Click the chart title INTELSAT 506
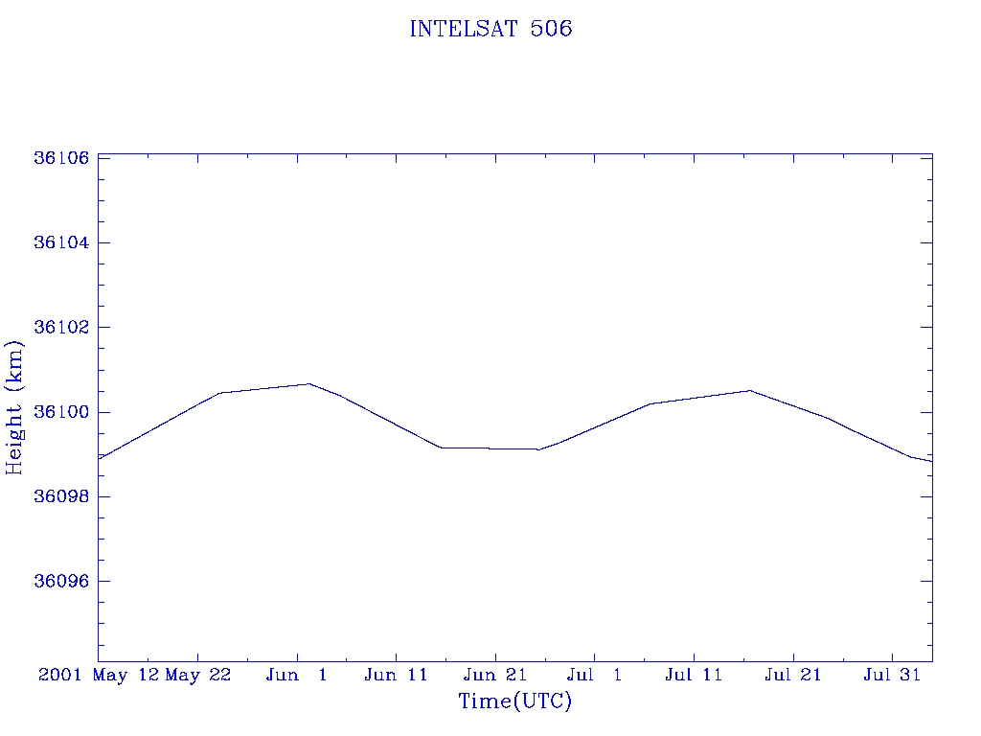(x=490, y=29)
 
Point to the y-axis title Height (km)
(x=14, y=407)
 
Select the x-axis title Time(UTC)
(x=515, y=701)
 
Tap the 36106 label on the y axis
(x=61, y=158)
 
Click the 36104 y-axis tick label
(x=61, y=242)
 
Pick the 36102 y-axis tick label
(x=61, y=328)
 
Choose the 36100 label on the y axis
(x=61, y=412)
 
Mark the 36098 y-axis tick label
(x=61, y=497)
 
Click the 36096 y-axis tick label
(x=61, y=582)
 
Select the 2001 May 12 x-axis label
(x=99, y=675)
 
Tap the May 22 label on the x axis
(x=198, y=675)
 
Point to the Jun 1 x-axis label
(x=297, y=675)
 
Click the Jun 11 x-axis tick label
(x=396, y=675)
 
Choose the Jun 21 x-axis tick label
(x=495, y=675)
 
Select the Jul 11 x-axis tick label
(x=694, y=675)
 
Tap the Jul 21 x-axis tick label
(x=793, y=675)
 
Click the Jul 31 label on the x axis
(x=892, y=675)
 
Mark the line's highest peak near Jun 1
(x=308, y=384)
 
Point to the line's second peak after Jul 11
(x=750, y=390)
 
